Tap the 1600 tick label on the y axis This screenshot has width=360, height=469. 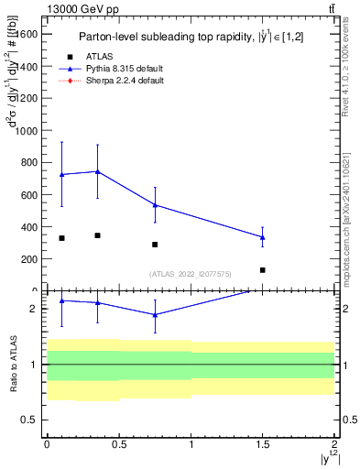click(26, 34)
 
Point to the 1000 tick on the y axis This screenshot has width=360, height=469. click(26, 131)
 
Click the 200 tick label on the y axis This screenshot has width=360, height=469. click(28, 259)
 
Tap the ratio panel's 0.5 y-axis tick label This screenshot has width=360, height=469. click(32, 420)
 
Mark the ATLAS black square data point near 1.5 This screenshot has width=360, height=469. click(263, 270)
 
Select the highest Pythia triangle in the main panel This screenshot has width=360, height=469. click(97, 171)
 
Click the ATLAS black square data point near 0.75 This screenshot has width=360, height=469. click(155, 245)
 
